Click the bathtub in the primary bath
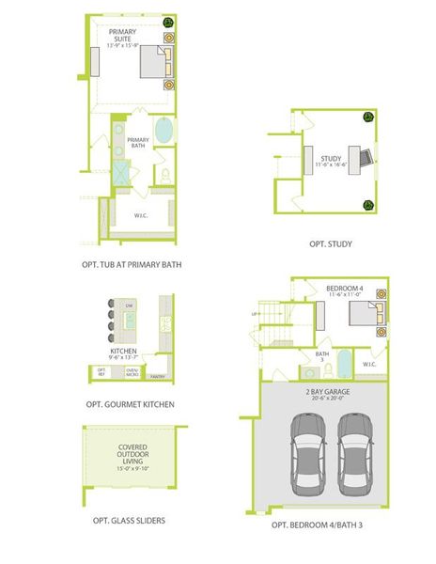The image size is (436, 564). tap(163, 130)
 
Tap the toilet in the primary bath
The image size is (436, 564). tap(165, 175)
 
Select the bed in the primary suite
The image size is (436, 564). tap(156, 63)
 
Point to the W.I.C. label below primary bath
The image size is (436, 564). tap(141, 214)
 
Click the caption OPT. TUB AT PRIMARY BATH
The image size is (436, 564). tap(132, 265)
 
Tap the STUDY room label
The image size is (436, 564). tap(330, 160)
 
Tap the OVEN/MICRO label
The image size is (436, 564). tap(132, 372)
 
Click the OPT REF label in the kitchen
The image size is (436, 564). tap(101, 372)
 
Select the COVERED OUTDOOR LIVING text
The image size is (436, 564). tap(132, 457)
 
